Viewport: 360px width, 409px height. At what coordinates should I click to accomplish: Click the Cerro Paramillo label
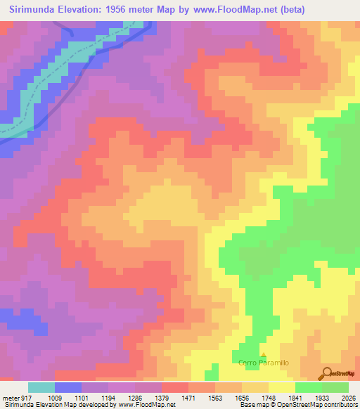pyautogui.click(x=264, y=363)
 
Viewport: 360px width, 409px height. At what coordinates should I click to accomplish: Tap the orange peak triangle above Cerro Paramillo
pyautogui.click(x=264, y=355)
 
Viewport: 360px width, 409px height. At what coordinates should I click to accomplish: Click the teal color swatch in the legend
pyautogui.click(x=41, y=387)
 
